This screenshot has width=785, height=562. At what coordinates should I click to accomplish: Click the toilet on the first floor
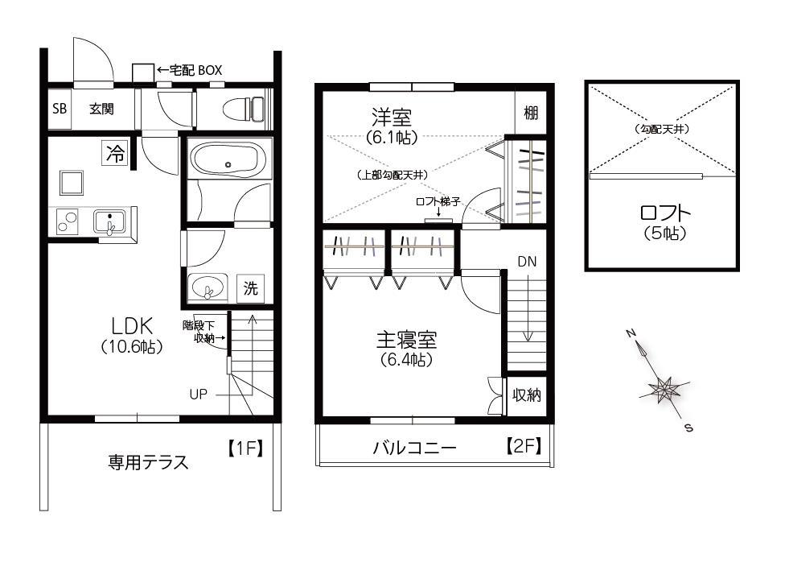click(x=243, y=108)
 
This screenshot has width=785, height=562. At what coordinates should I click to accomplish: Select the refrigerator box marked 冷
click(x=115, y=152)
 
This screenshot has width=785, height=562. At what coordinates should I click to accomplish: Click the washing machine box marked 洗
click(x=250, y=287)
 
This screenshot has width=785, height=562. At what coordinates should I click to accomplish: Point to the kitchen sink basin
click(x=109, y=221)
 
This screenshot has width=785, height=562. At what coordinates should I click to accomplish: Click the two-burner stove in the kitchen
click(x=68, y=221)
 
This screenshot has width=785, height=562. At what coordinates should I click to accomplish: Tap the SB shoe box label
click(x=60, y=108)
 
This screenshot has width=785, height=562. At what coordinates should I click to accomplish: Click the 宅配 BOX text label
click(x=195, y=70)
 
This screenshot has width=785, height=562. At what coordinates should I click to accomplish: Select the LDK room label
click(x=132, y=326)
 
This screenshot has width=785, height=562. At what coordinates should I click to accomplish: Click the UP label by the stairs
click(x=198, y=395)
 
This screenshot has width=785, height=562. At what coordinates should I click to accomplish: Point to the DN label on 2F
click(x=527, y=261)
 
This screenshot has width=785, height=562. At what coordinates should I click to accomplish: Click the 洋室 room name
click(x=392, y=118)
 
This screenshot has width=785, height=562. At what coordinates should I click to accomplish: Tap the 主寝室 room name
click(x=406, y=340)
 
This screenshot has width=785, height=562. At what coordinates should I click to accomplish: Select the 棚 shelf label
click(x=531, y=112)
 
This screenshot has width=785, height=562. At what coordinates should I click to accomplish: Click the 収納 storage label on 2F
click(x=527, y=395)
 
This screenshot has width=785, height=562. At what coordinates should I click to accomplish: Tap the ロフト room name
click(x=665, y=213)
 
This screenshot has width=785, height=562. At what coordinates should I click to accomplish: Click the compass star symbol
click(x=664, y=388)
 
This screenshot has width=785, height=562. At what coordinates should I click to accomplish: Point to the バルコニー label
click(x=414, y=447)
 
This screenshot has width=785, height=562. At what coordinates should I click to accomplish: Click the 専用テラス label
click(x=148, y=462)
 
